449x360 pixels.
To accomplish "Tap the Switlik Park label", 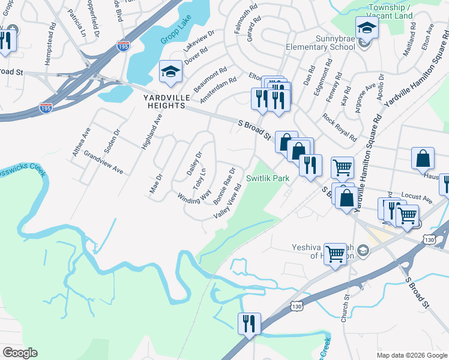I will pyautogui.click(x=268, y=178).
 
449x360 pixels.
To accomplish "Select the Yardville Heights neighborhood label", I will pyautogui.click(x=164, y=101).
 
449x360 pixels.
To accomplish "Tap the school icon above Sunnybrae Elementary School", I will pyautogui.click(x=366, y=27).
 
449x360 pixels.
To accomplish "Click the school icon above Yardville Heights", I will pyautogui.click(x=170, y=72).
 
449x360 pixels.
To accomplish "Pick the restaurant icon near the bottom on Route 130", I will pyautogui.click(x=249, y=323).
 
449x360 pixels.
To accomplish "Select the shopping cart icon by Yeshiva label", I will pyautogui.click(x=335, y=253).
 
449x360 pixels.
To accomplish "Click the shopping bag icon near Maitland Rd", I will pyautogui.click(x=423, y=158).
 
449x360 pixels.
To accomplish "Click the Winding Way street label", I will pyautogui.click(x=194, y=196).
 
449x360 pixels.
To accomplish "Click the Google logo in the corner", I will pyautogui.click(x=20, y=353).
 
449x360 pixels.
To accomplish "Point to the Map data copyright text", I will pyautogui.click(x=412, y=355).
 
